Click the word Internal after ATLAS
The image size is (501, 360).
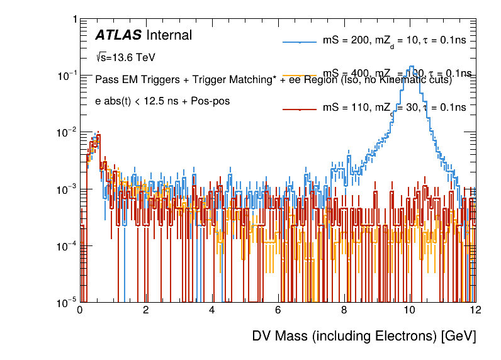point(169,35)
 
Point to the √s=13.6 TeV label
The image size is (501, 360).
point(125,57)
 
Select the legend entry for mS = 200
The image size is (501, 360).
point(394,41)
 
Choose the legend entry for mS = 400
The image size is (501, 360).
point(394,74)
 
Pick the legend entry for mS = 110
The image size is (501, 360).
point(394,108)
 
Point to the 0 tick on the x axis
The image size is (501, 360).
point(80,310)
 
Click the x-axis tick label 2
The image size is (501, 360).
point(146,310)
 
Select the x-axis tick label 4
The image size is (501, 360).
point(212,310)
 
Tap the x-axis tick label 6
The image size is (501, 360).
point(278,310)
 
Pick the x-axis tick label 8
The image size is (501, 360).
point(344,310)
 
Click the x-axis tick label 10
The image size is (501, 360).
point(410,310)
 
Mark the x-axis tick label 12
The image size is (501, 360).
point(475,310)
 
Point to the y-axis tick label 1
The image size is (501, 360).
point(74,20)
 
